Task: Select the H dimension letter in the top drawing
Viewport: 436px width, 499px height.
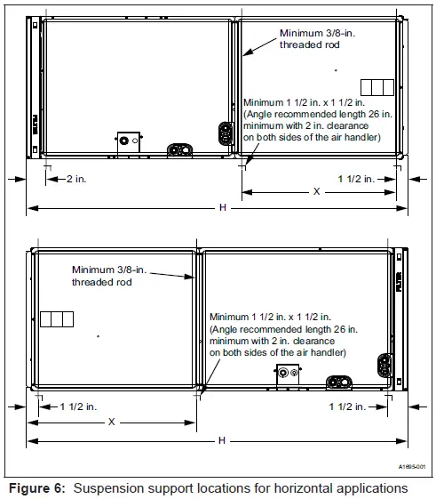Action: pyautogui.click(x=221, y=207)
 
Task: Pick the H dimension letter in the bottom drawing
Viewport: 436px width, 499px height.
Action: pyautogui.click(x=221, y=441)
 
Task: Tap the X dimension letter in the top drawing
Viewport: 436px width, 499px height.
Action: pyautogui.click(x=315, y=192)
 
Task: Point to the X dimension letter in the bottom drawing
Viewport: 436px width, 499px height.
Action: pyautogui.click(x=112, y=423)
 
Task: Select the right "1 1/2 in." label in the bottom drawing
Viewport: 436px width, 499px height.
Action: pyautogui.click(x=346, y=406)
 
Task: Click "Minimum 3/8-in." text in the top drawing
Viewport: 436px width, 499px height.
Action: pyautogui.click(x=314, y=33)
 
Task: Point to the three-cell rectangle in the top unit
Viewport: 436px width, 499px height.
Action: pyautogui.click(x=377, y=86)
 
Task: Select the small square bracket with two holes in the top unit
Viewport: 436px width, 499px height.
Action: pyautogui.click(x=129, y=141)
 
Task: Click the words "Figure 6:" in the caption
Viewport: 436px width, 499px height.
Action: pyautogui.click(x=35, y=487)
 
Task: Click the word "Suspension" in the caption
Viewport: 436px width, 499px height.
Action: pyautogui.click(x=111, y=487)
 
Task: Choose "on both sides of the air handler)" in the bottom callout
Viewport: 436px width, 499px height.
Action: pyautogui.click(x=278, y=353)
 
